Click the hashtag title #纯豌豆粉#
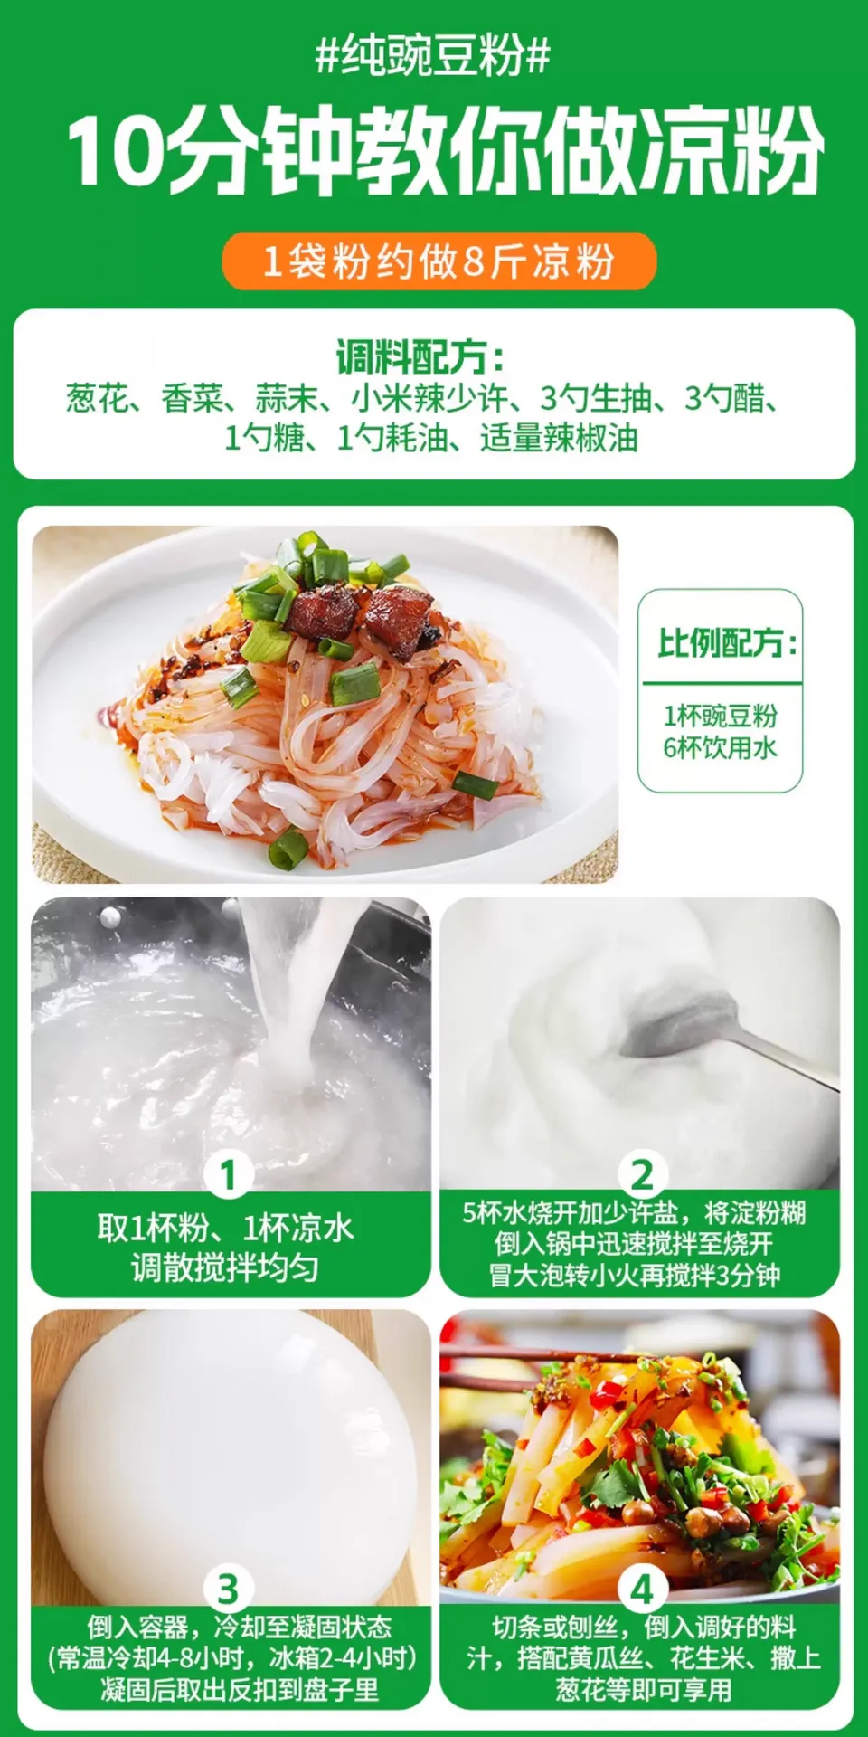coord(433,56)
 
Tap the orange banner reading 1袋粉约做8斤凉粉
coord(439,261)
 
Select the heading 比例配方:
coord(727,642)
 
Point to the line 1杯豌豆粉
coord(721,716)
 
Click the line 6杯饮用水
coord(721,748)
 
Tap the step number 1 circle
coord(228,1174)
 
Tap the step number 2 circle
coord(643,1174)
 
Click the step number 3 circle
coord(228,1589)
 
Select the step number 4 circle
coord(643,1589)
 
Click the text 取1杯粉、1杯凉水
coord(226,1228)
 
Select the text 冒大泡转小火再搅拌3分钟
coord(635,1276)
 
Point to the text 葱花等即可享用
coord(644,1690)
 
